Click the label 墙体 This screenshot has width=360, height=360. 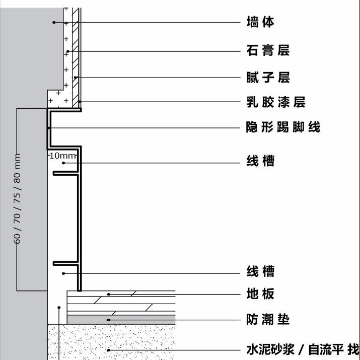(x=260, y=22)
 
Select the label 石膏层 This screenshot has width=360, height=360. (x=268, y=50)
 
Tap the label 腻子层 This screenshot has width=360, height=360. (x=268, y=77)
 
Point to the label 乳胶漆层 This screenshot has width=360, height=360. (x=276, y=102)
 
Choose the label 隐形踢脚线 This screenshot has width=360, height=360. (x=283, y=127)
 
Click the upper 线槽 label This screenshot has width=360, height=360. (x=261, y=161)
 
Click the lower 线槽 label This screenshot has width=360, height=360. (x=261, y=271)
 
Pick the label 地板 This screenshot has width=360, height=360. (x=260, y=294)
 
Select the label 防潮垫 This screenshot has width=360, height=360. (x=268, y=319)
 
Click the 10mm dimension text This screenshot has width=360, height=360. (x=62, y=156)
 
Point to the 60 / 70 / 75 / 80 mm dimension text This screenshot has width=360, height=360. (x=17, y=199)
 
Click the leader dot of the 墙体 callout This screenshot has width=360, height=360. (x=54, y=22)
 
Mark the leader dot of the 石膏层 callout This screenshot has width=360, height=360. (x=68, y=51)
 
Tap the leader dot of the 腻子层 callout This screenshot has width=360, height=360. (x=76, y=78)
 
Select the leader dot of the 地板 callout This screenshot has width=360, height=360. (x=109, y=294)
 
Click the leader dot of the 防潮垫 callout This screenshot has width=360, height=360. (x=109, y=320)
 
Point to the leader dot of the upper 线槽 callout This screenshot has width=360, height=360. (x=63, y=163)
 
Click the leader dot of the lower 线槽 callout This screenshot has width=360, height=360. (x=63, y=273)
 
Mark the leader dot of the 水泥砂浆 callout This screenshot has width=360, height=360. (x=109, y=350)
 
